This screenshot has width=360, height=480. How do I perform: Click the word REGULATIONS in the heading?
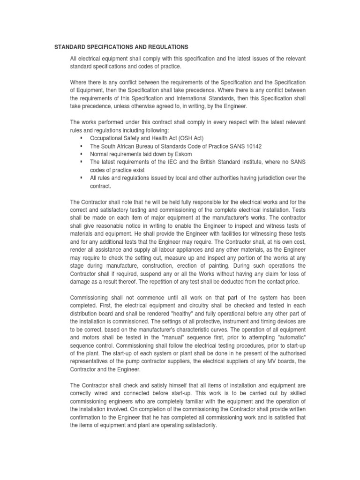pyautogui.click(x=166, y=47)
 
